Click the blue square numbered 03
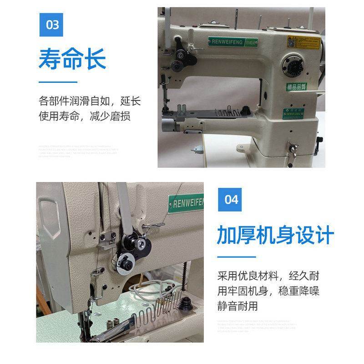pyautogui.click(x=53, y=24)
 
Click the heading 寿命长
pyautogui.click(x=72, y=59)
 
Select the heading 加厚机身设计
pyautogui.click(x=275, y=236)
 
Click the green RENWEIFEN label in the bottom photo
pyautogui.click(x=188, y=201)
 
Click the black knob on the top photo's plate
pyautogui.click(x=246, y=109)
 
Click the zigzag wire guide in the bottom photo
pyautogui.click(x=160, y=309)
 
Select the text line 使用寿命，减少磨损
pyautogui.click(x=85, y=116)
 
